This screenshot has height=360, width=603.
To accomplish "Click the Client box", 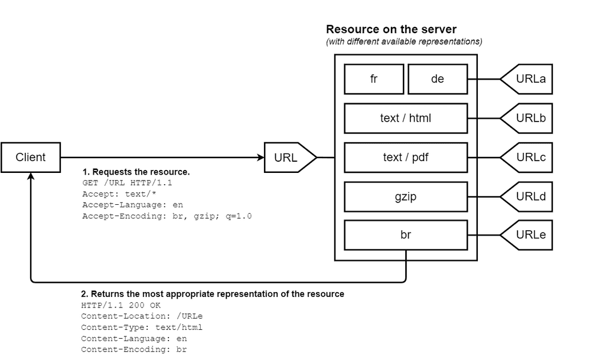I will pyautogui.click(x=31, y=158).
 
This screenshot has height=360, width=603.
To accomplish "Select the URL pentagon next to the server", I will pyautogui.click(x=287, y=158).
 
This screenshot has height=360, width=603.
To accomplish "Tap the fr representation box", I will pyautogui.click(x=374, y=79).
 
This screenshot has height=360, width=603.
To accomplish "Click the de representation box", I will pyautogui.click(x=438, y=79).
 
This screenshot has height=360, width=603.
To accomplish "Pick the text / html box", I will pyautogui.click(x=406, y=118).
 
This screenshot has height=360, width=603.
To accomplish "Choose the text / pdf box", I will pyautogui.click(x=406, y=158).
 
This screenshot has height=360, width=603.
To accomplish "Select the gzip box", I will pyautogui.click(x=406, y=197).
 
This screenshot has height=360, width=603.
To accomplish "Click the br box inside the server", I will pyautogui.click(x=406, y=235).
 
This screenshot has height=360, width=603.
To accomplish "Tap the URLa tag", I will pyautogui.click(x=529, y=79).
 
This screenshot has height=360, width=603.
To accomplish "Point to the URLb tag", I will pyautogui.click(x=529, y=118).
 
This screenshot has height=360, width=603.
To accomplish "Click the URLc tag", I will pyautogui.click(x=529, y=158).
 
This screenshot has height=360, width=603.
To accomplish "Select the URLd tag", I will pyautogui.click(x=529, y=197).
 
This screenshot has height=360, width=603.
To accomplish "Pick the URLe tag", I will pyautogui.click(x=529, y=235).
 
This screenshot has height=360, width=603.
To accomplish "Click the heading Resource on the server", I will pyautogui.click(x=391, y=29).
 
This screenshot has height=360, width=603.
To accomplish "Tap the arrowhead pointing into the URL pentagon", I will pyautogui.click(x=260, y=158).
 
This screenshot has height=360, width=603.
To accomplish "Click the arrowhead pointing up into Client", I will pyautogui.click(x=31, y=176).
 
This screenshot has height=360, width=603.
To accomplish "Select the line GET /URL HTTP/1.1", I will pyautogui.click(x=127, y=183).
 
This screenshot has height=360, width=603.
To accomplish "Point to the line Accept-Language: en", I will pyautogui.click(x=132, y=205).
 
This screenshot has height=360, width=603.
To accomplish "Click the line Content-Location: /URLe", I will pyautogui.click(x=142, y=316).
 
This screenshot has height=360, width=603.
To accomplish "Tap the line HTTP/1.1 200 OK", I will pyautogui.click(x=120, y=306).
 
